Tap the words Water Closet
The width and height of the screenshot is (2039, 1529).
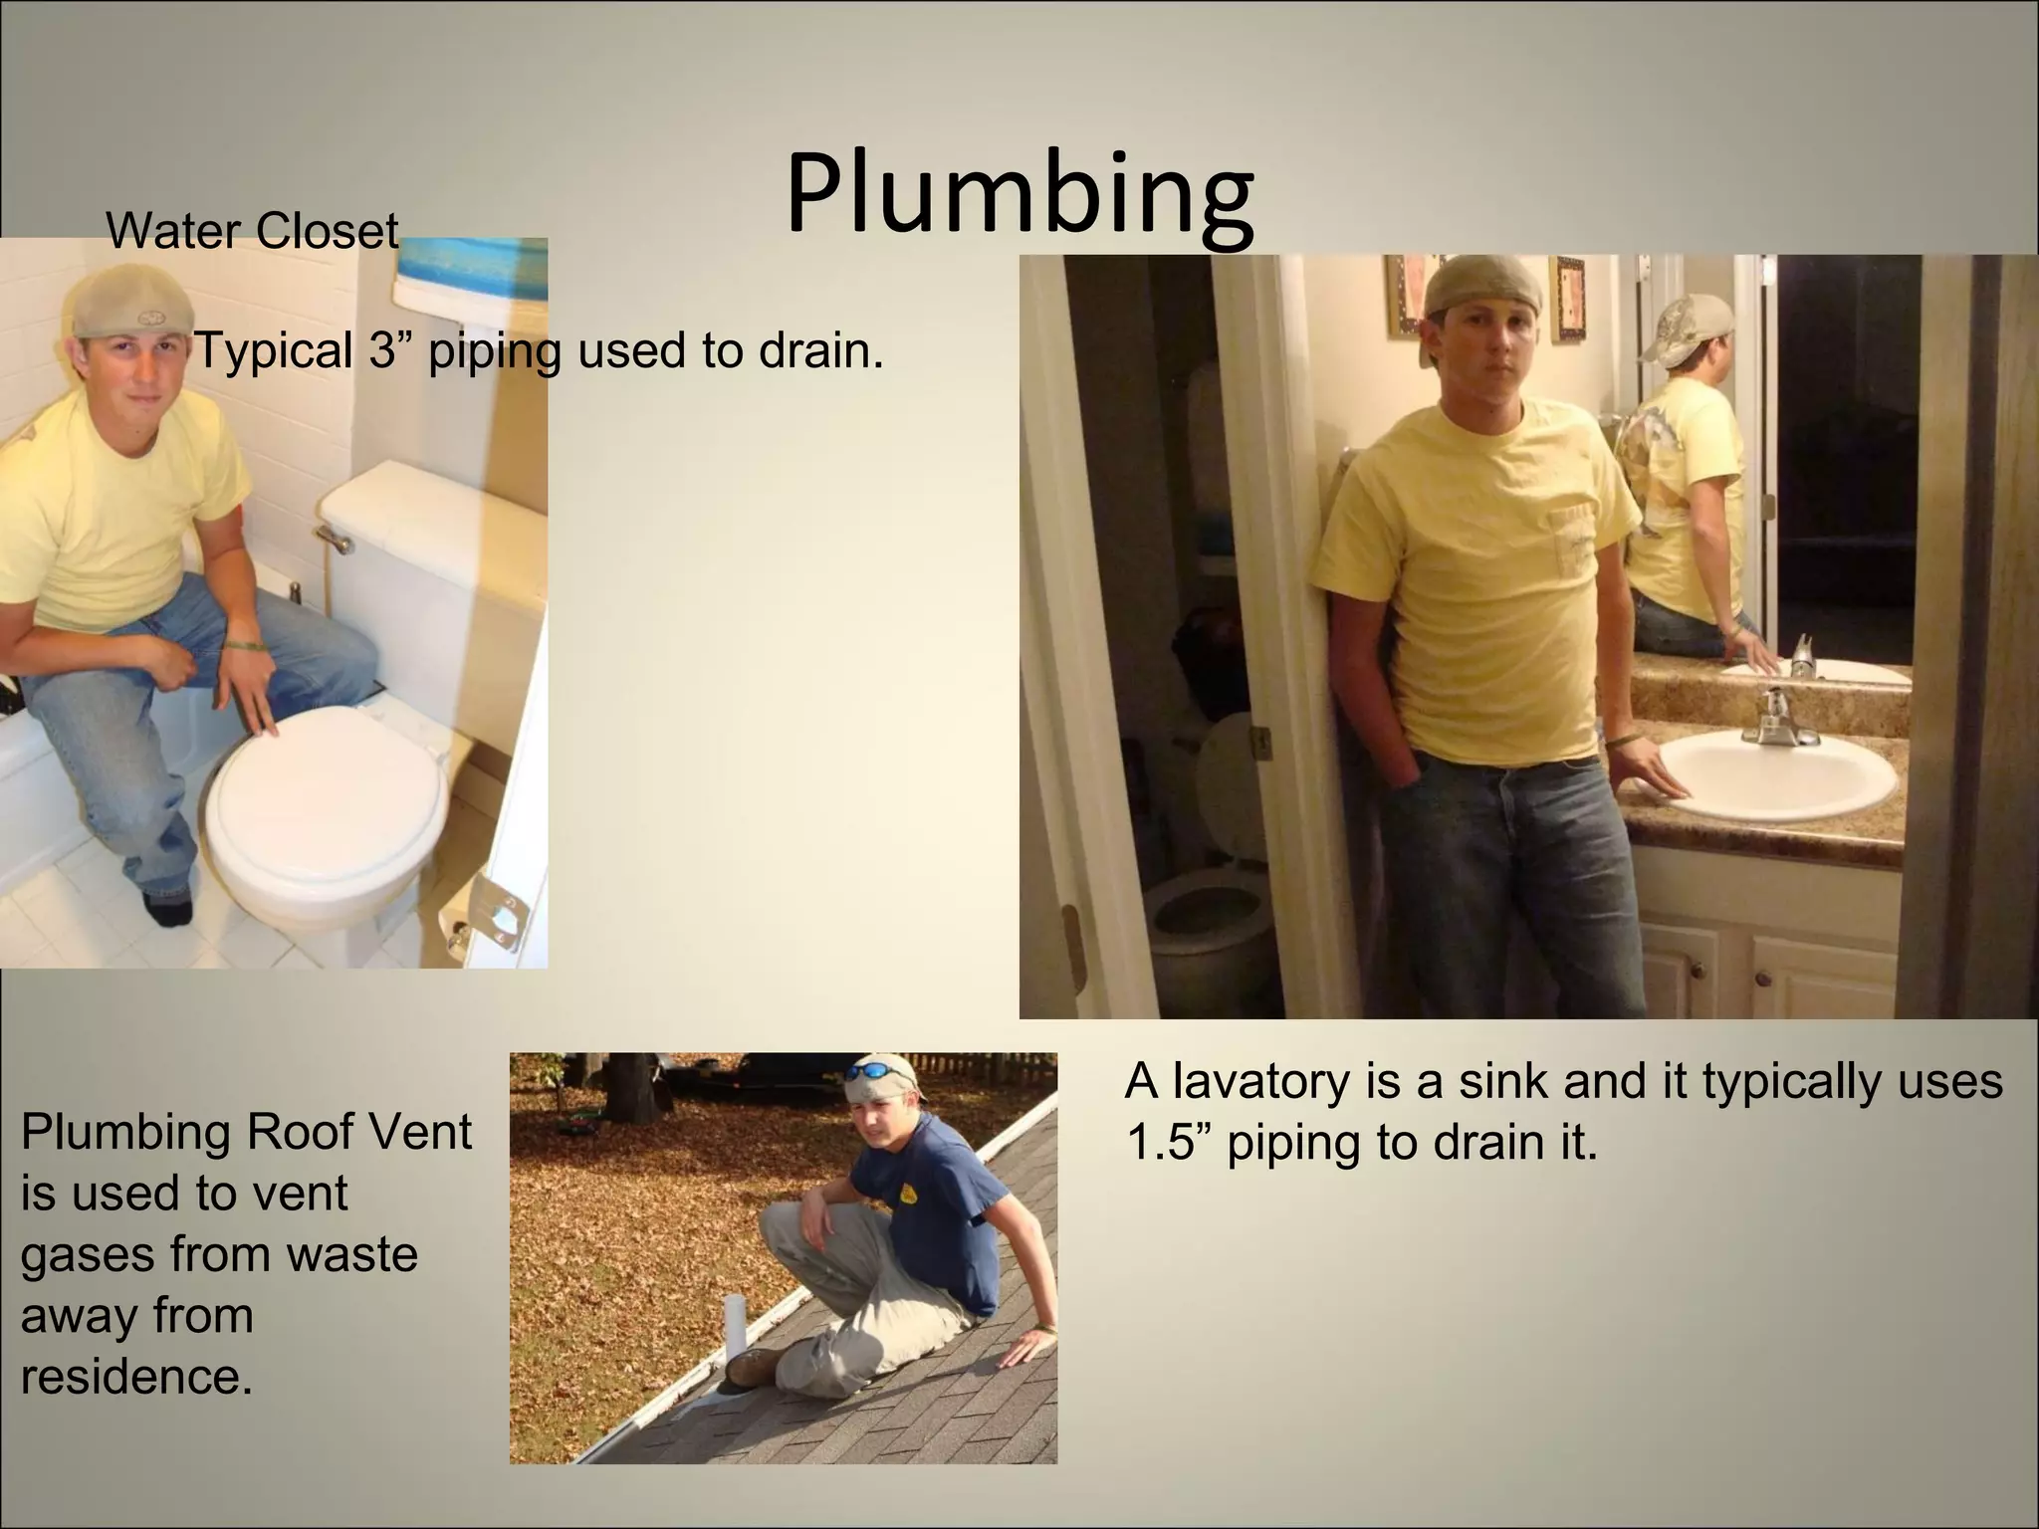click(x=252, y=231)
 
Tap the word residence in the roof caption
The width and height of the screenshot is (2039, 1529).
click(x=135, y=1377)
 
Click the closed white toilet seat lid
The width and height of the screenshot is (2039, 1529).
click(x=323, y=786)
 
